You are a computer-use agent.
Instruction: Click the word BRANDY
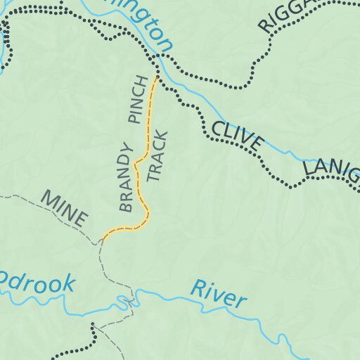pos(126,177)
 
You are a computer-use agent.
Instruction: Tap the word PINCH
pos(139,99)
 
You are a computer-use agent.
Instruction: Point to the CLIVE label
pos(236,136)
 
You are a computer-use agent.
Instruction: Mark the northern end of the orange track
pos(156,77)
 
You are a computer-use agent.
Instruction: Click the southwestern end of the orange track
pos(104,237)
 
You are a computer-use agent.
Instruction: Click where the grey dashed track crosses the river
pos(129,302)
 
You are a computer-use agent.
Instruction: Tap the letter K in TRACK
pos(159,135)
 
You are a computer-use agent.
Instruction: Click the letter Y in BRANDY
pos(126,150)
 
